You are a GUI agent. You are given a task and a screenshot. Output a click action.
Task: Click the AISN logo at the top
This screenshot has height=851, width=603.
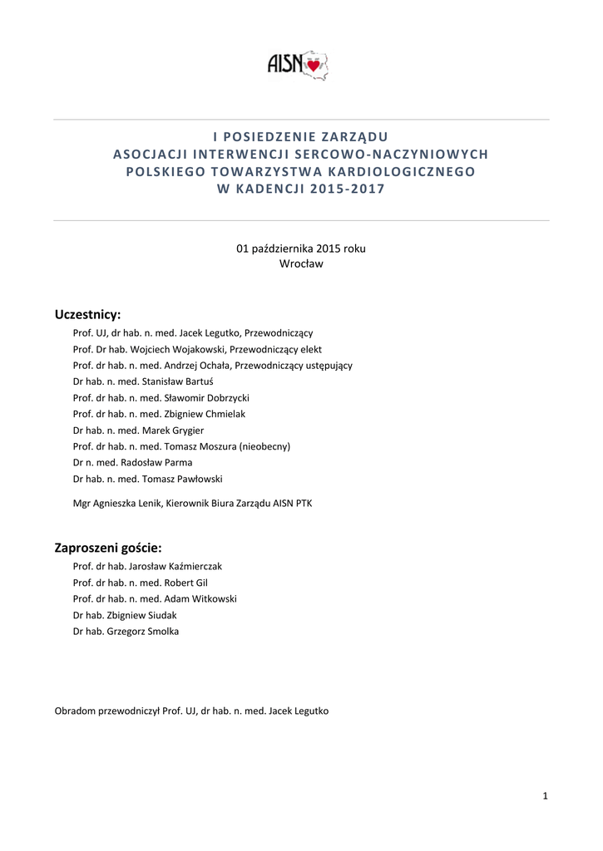pyautogui.click(x=297, y=63)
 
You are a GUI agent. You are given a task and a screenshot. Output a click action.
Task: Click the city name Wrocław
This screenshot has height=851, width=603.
pyautogui.click(x=301, y=263)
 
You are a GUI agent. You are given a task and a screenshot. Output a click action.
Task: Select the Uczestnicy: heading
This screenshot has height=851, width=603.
pyautogui.click(x=87, y=314)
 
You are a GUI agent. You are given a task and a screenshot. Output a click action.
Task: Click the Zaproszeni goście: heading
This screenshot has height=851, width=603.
pyautogui.click(x=108, y=548)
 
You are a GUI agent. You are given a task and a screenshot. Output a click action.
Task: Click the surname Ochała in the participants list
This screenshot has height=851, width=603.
pyautogui.click(x=214, y=366)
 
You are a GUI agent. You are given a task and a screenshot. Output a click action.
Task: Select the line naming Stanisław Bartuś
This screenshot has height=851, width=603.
pyautogui.click(x=143, y=381)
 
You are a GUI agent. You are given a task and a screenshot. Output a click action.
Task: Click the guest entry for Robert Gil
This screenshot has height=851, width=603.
pyautogui.click(x=146, y=583)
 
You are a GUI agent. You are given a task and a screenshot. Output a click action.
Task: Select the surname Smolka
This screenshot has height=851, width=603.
pyautogui.click(x=161, y=632)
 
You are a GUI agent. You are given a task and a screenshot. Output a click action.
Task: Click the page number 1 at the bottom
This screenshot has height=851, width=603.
pyautogui.click(x=545, y=797)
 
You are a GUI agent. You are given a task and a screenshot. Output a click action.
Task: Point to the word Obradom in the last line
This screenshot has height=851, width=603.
pyautogui.click(x=75, y=711)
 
